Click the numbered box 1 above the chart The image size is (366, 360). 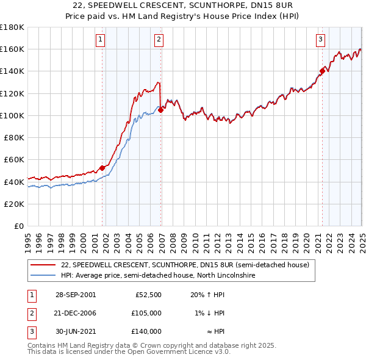(100, 40)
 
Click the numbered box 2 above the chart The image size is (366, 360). (158, 40)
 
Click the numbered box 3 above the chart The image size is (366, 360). (320, 40)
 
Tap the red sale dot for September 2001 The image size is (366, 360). (102, 168)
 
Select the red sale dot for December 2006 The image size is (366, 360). (160, 110)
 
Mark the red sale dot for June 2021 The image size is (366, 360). (322, 71)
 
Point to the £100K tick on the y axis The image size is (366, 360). (13, 115)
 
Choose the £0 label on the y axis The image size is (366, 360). (20, 226)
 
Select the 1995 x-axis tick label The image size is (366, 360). (28, 237)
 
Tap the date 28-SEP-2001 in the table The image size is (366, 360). (75, 295)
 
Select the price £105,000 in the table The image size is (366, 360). (146, 313)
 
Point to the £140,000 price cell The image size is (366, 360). (146, 331)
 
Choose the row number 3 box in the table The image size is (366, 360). (30, 331)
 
